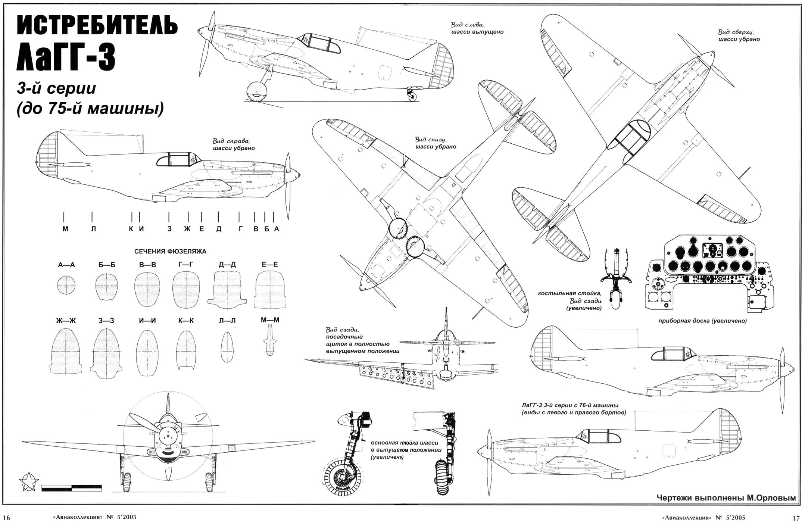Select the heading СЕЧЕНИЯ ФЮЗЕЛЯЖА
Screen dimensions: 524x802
coord(170,252)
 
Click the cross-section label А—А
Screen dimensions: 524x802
coord(66,265)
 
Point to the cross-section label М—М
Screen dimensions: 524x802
coord(270,320)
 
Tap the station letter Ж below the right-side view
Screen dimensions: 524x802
coord(187,229)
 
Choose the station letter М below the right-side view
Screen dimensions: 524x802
coord(65,229)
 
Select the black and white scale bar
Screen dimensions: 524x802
coord(72,487)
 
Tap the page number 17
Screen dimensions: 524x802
coord(795,518)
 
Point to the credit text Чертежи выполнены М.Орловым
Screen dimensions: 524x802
coord(725,498)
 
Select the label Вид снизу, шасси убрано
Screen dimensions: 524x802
coord(436,143)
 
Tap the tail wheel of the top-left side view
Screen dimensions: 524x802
coord(412,97)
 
